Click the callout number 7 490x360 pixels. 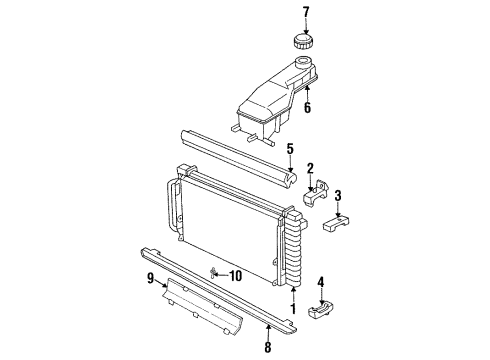click(307, 12)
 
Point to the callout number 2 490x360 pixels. click(310, 169)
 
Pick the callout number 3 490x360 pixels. click(339, 195)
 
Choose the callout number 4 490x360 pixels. click(320, 281)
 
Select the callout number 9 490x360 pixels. click(151, 277)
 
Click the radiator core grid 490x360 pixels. click(230, 230)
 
